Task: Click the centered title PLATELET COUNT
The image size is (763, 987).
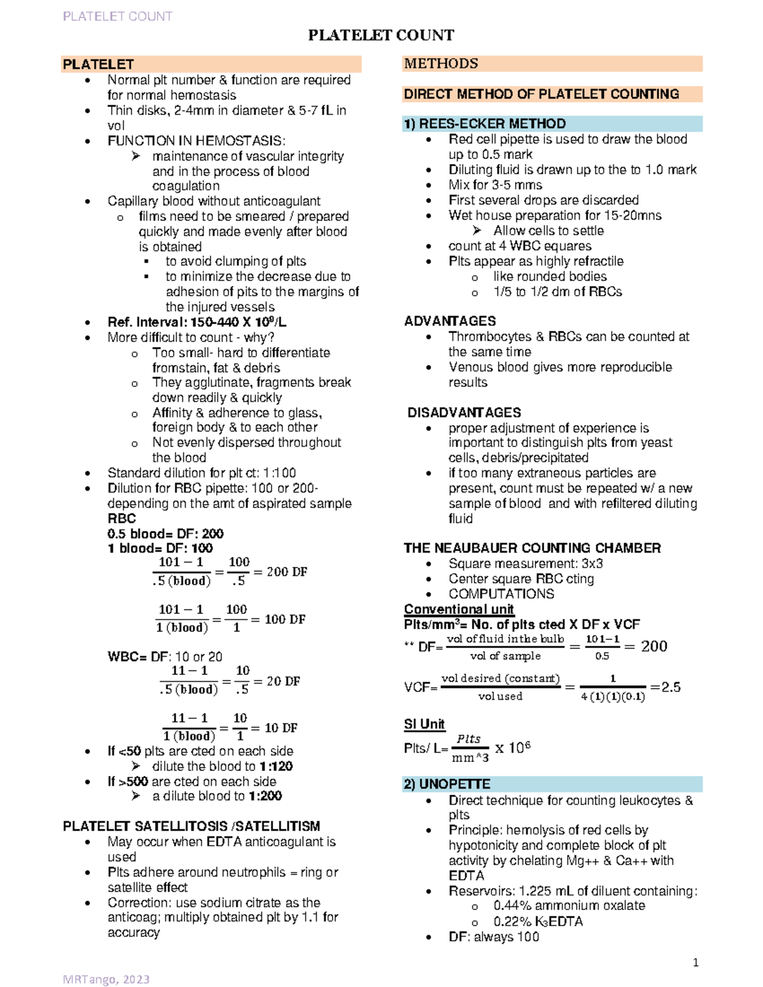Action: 381,35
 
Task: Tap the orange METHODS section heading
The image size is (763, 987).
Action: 441,64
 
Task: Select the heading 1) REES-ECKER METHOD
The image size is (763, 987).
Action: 485,123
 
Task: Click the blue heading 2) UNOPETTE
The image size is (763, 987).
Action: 447,784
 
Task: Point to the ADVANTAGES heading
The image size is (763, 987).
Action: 450,321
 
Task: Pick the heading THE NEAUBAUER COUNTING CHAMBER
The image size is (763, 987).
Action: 532,548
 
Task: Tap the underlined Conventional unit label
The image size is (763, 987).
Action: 458,609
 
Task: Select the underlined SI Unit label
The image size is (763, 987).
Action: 424,724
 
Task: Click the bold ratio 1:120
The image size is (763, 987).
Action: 276,766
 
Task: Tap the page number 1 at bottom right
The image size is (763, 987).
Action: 696,962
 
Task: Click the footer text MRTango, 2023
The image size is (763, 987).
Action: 106,979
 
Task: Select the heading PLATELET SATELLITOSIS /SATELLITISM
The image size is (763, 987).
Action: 191,826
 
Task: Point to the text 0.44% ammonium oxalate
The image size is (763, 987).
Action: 568,906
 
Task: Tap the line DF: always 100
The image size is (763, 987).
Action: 493,937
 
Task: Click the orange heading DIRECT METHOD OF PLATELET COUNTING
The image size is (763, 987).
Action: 541,94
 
